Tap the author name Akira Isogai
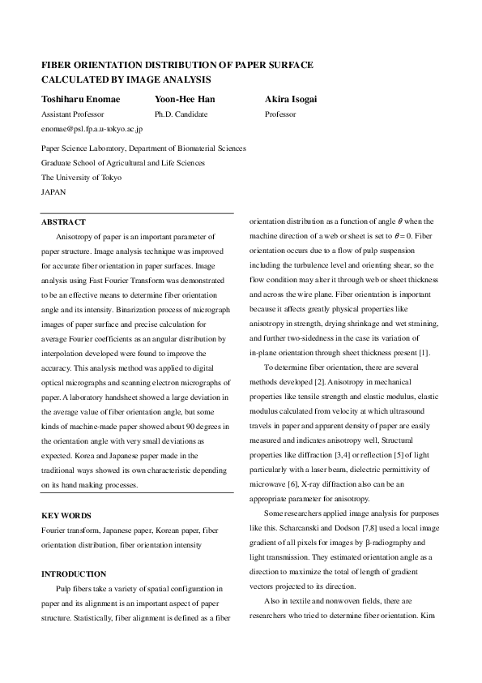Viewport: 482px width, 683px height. coord(290,100)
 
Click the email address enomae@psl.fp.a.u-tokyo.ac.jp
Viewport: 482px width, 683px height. coord(92,129)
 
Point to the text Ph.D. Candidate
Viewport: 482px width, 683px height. coord(181,114)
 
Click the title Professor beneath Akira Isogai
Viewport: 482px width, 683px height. coord(280,114)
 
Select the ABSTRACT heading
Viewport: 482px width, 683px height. coord(63,222)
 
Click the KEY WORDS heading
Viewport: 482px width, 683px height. coord(66,515)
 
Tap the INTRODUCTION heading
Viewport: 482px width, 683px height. coord(74,573)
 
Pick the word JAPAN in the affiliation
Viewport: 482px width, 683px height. coord(53,192)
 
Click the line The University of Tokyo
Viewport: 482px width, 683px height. coord(81,178)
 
